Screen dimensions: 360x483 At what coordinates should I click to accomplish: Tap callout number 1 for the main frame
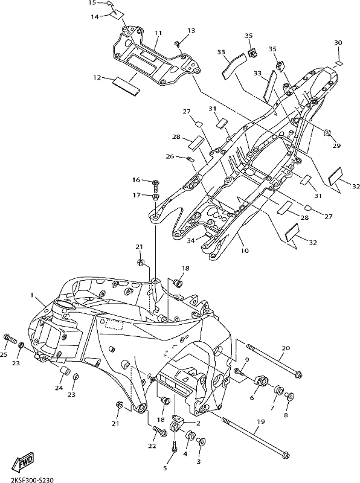(x=32, y=295)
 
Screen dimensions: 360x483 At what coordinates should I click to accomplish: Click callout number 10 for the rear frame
(x=245, y=251)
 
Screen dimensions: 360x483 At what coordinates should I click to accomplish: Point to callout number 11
(x=158, y=33)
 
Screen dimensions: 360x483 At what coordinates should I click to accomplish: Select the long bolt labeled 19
(x=256, y=433)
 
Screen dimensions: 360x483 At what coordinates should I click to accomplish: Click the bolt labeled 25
(x=10, y=339)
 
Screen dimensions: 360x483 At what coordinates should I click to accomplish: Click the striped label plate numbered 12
(x=126, y=87)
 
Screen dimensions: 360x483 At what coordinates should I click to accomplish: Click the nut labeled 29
(x=327, y=133)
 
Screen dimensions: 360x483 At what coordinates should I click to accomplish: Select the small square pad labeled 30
(x=339, y=63)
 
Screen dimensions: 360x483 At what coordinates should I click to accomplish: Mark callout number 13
(x=191, y=31)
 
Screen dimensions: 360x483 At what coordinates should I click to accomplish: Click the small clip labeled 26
(x=190, y=159)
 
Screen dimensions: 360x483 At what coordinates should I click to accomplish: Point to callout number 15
(x=92, y=3)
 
